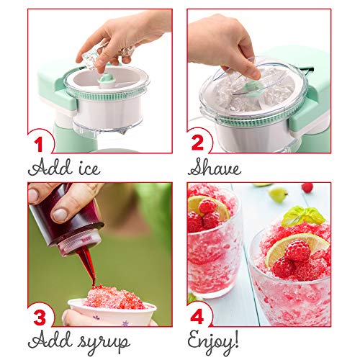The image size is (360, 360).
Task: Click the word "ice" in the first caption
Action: coord(84,169)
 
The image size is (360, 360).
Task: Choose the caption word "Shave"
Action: coord(217,168)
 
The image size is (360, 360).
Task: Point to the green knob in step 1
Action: coord(106,77)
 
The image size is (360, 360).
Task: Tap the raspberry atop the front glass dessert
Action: coord(297,251)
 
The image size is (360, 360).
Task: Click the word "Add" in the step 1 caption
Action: coord(47,169)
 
